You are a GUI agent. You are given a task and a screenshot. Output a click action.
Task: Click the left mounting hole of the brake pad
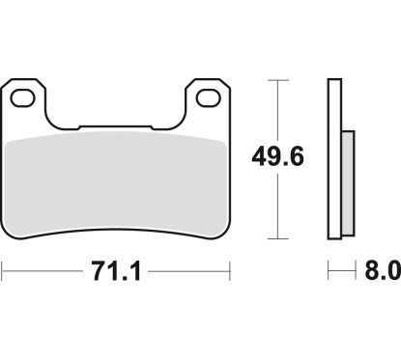[27, 97]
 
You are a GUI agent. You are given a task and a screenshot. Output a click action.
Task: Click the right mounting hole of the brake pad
[206, 97]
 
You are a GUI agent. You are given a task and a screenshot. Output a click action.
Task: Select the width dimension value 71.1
[116, 272]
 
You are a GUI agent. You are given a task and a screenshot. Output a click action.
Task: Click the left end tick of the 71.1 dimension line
[3, 272]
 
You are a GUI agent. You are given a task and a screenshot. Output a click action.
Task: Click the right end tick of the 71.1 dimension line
[229, 272]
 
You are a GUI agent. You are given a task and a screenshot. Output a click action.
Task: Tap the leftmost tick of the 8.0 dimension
[329, 272]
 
